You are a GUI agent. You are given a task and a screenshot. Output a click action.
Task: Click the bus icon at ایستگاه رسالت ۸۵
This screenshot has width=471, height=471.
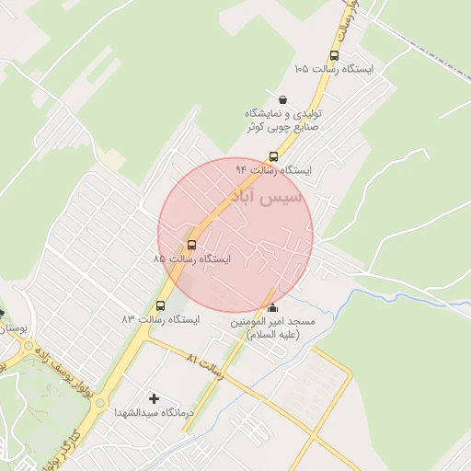[191, 245]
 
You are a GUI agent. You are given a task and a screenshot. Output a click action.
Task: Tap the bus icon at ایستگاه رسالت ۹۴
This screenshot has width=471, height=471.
[272, 156]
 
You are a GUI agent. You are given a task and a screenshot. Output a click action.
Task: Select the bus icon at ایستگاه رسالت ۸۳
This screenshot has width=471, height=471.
[161, 305]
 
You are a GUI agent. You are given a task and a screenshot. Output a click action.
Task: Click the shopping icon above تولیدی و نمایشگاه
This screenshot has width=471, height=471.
[281, 99]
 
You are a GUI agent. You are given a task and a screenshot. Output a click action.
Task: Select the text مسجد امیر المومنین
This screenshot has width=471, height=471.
[272, 323]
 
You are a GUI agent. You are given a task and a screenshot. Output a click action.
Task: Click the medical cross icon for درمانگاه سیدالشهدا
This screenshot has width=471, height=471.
[154, 398]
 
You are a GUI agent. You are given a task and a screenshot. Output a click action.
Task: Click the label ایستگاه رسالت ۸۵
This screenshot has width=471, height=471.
[192, 260]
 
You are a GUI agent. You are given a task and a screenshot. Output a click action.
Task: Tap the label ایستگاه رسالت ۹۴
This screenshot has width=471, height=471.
[273, 171]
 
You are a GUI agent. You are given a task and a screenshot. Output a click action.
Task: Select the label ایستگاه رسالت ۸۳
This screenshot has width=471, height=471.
[161, 319]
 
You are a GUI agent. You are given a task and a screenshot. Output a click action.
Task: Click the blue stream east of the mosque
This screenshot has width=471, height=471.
[396, 296]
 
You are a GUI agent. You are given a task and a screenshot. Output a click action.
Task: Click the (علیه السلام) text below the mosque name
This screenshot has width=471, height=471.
[273, 337]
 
